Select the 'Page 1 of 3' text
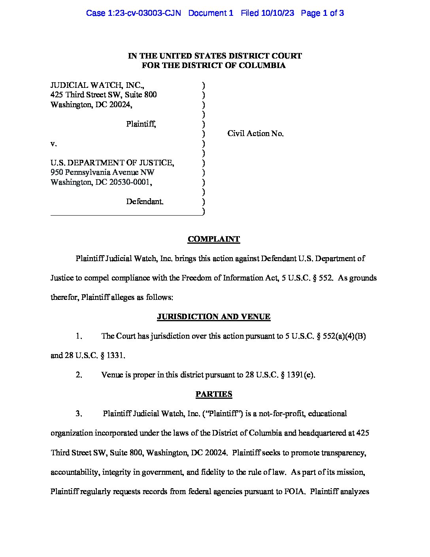[322, 13]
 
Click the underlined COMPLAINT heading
[213, 239]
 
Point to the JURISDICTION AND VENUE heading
[213, 317]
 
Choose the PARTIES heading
[213, 394]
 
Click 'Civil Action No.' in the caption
[255, 134]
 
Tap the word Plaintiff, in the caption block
[141, 124]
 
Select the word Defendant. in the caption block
[145, 202]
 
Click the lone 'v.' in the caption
[53, 144]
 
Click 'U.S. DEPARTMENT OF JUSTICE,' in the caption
[112, 163]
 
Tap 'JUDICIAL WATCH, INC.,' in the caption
[97, 85]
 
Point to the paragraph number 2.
[79, 375]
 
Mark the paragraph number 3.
[79, 414]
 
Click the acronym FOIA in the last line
[294, 492]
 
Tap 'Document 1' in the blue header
[211, 13]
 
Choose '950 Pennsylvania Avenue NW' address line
[102, 172]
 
